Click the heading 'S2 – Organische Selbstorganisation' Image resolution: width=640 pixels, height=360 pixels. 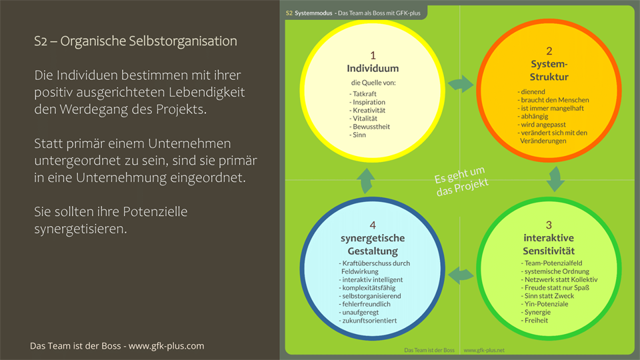pos(135,41)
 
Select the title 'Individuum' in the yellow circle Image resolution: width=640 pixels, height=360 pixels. pos(373,68)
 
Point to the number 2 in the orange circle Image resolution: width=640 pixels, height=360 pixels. pos(549,51)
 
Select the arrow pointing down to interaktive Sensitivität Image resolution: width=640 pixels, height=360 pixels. pos(555,178)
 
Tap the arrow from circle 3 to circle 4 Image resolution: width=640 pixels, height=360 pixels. pos(461,273)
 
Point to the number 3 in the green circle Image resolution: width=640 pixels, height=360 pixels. pos(549,225)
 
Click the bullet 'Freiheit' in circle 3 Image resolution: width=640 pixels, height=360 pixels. pos(535,321)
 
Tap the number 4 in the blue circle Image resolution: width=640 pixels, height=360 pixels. pos(373,225)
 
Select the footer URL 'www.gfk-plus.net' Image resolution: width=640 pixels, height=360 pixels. pos(484,349)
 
